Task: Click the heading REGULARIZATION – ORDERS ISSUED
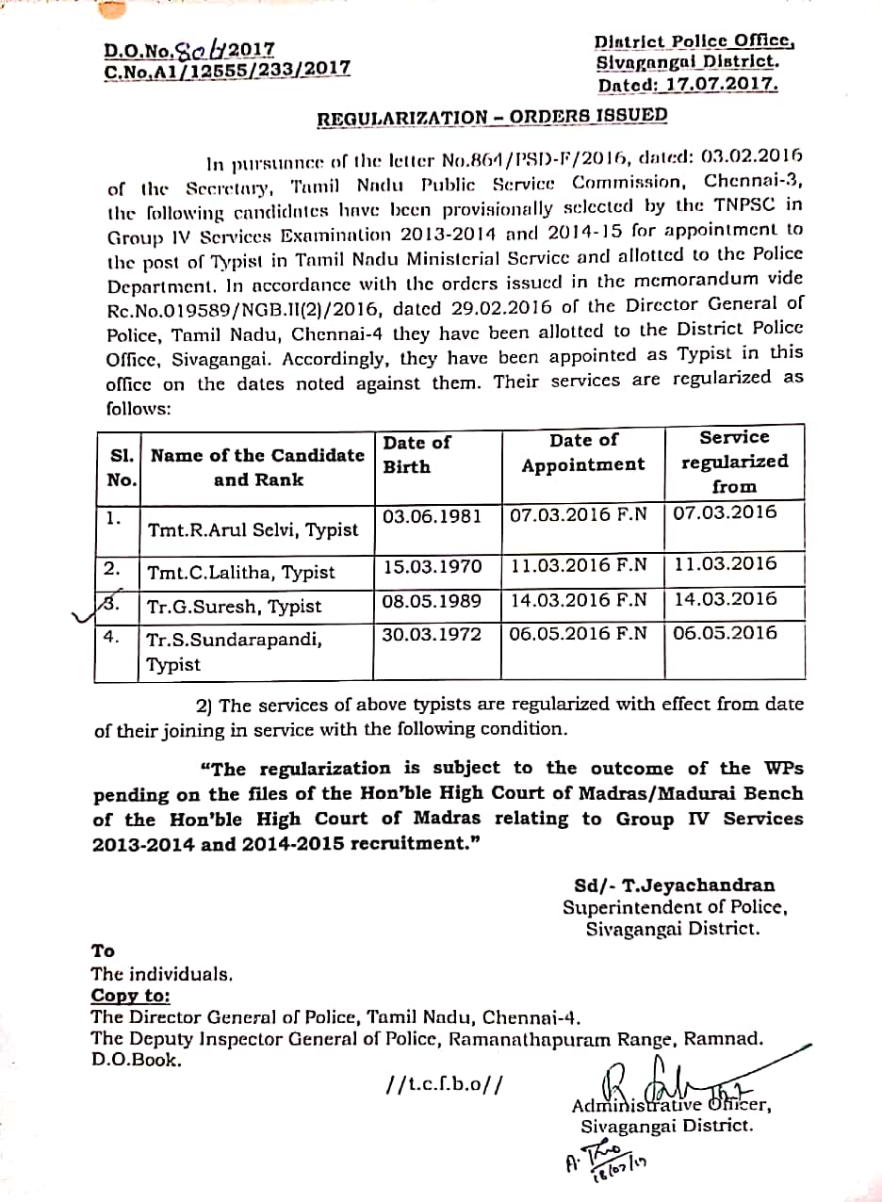click(492, 118)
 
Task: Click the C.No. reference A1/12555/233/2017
click(249, 69)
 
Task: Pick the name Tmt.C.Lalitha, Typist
click(240, 572)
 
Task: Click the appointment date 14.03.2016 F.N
click(579, 600)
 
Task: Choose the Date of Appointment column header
click(583, 452)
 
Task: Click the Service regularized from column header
click(734, 462)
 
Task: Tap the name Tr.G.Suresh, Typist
click(235, 606)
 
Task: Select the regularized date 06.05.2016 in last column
click(726, 633)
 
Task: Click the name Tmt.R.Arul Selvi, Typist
click(253, 529)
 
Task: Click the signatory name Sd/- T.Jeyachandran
click(675, 885)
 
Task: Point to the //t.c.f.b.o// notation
click(445, 1084)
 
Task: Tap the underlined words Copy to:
click(130, 996)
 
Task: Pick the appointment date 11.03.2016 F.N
click(579, 565)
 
